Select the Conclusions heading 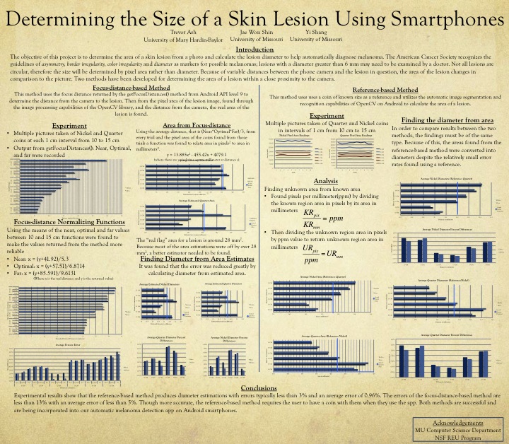pos(254,388)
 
